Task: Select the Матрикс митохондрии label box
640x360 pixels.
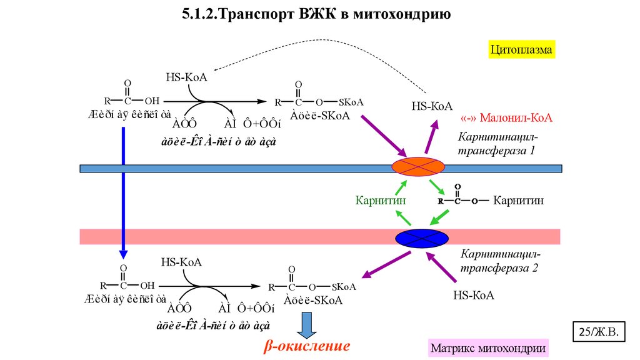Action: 487,347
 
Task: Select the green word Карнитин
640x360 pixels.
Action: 377,201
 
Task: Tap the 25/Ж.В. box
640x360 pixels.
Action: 599,332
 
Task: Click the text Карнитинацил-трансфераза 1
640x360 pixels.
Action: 497,143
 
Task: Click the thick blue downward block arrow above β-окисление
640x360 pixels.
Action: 307,324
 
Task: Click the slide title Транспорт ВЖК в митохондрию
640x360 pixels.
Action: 317,14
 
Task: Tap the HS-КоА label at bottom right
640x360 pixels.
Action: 473,295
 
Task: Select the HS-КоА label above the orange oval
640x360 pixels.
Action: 432,106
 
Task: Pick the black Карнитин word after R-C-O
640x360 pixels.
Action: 519,201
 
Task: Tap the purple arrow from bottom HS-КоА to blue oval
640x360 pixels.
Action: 447,267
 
